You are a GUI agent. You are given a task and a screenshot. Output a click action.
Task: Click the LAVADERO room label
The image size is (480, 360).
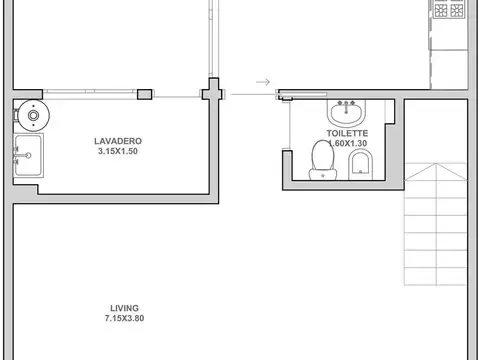pyautogui.click(x=118, y=141)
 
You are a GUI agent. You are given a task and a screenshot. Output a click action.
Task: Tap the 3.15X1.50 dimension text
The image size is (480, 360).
pyautogui.click(x=118, y=151)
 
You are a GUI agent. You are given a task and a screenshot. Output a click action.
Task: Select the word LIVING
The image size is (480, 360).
pyautogui.click(x=124, y=308)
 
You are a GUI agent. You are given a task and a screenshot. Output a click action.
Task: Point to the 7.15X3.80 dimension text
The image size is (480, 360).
pyautogui.click(x=124, y=318)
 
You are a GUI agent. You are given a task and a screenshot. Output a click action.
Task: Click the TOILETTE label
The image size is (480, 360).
pyautogui.click(x=347, y=133)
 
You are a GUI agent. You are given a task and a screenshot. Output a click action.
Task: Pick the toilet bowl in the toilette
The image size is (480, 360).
pyautogui.click(x=323, y=160)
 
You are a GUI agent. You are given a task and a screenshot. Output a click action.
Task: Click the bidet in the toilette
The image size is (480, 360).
pyautogui.click(x=360, y=164)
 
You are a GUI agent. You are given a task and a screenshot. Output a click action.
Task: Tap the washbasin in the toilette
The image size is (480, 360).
pyautogui.click(x=346, y=112)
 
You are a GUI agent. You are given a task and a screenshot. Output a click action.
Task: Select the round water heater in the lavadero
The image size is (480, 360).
pyautogui.click(x=34, y=116)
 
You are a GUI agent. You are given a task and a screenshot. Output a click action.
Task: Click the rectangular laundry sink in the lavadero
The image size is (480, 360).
pyautogui.click(x=28, y=155)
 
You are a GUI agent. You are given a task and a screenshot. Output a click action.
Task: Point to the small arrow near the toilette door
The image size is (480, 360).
pyautogui.click(x=263, y=82)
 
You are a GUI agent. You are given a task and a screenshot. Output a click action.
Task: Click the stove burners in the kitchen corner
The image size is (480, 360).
pyautogui.click(x=449, y=10)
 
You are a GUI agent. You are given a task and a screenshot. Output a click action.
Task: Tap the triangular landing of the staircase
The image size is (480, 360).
pyautogui.click(x=435, y=172)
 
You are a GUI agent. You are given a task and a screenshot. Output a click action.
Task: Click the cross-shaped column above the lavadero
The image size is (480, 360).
pyautogui.click(x=212, y=90)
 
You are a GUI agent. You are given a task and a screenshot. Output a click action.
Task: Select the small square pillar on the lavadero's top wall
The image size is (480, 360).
pyautogui.click(x=145, y=94)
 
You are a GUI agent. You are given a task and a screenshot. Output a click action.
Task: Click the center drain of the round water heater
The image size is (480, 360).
pyautogui.click(x=34, y=116)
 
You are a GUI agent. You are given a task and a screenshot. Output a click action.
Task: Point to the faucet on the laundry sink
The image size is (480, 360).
pyautogui.click(x=23, y=155)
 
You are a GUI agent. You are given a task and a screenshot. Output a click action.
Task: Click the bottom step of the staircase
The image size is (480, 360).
pyautogui.click(x=435, y=276)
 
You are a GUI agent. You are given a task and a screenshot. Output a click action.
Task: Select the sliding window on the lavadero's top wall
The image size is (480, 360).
pyautogui.click(x=90, y=94)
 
